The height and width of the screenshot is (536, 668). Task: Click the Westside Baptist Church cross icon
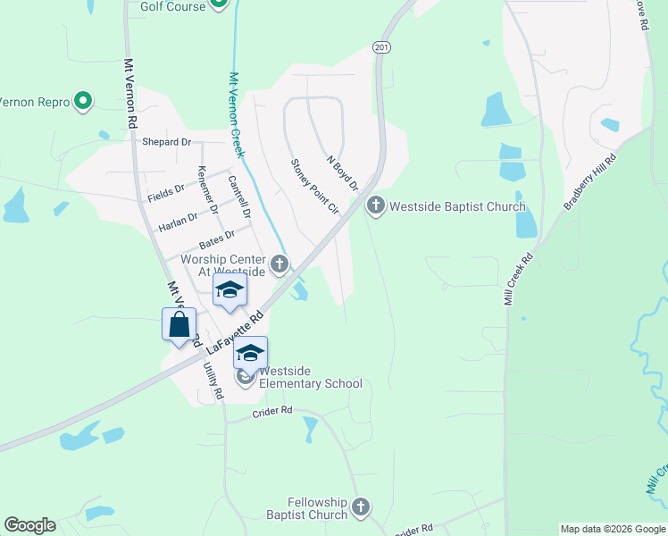tap(375, 207)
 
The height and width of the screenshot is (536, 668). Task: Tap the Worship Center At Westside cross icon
tap(280, 264)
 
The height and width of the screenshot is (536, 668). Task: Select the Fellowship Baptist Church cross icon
tap(360, 507)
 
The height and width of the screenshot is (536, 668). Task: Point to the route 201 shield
tap(381, 47)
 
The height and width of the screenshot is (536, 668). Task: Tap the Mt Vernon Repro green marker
tap(83, 102)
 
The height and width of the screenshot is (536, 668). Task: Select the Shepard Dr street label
tap(167, 142)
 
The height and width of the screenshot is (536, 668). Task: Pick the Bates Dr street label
tap(217, 239)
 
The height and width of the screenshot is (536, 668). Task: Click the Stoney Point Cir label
tap(315, 186)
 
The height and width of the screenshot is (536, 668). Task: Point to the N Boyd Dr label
tap(342, 172)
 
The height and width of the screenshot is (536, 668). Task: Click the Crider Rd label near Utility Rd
tap(272, 411)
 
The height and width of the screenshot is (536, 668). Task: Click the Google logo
tap(29, 525)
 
